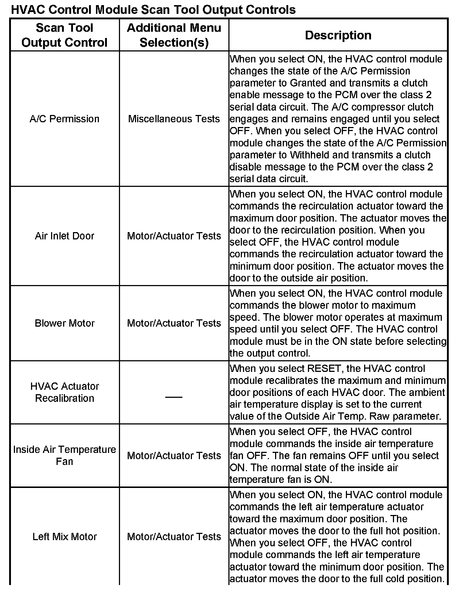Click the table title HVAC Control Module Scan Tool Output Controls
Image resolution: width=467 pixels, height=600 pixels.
[153, 9]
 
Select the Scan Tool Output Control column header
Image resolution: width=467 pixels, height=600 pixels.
[65, 35]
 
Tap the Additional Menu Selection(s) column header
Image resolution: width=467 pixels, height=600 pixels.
[174, 35]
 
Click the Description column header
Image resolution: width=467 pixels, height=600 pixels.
[338, 35]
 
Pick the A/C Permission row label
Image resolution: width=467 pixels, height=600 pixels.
[65, 119]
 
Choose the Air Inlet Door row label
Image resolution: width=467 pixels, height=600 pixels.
[65, 236]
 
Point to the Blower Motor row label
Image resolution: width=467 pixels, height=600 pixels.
[65, 323]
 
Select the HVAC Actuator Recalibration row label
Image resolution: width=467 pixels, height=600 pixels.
[65, 392]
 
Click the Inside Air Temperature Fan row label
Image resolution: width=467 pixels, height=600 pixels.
[65, 455]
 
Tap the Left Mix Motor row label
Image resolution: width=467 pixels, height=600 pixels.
[65, 537]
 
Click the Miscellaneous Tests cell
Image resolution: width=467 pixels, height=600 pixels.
[174, 119]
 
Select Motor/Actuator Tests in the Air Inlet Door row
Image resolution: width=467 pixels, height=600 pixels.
[174, 236]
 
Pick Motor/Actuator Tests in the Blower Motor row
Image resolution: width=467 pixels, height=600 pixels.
[174, 323]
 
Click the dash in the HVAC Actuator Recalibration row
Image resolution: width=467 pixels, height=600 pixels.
[174, 397]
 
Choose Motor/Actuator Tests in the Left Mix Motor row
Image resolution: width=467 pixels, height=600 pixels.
[174, 537]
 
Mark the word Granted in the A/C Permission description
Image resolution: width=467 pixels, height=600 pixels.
[308, 83]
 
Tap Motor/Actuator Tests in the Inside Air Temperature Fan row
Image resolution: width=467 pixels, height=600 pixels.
[174, 456]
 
